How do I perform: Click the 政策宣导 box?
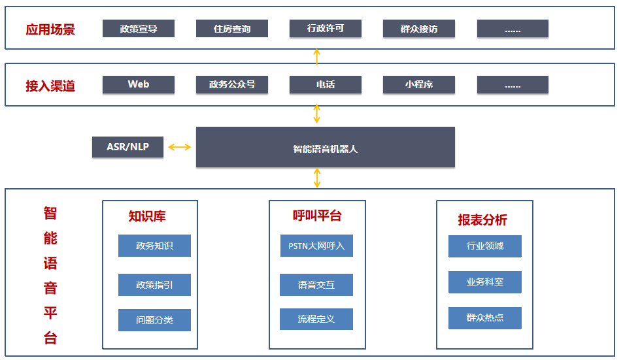(139, 29)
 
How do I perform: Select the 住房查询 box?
(232, 29)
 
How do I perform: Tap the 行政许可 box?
(326, 29)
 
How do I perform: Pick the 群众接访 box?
(419, 29)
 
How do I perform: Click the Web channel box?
(139, 84)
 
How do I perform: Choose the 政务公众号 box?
(232, 84)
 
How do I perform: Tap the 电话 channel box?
(326, 84)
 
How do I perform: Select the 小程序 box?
(419, 84)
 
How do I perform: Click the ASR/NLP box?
(128, 147)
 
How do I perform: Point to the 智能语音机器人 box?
(325, 148)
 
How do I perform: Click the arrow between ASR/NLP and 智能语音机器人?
(180, 147)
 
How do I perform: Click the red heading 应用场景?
(50, 29)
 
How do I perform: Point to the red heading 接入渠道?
(50, 86)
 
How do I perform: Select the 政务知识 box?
(154, 246)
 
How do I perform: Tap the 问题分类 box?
(154, 320)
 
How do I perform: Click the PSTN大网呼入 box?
(316, 246)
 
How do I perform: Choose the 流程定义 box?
(316, 319)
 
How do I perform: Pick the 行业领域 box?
(485, 246)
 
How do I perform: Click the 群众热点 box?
(485, 318)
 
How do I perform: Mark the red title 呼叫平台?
(317, 216)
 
